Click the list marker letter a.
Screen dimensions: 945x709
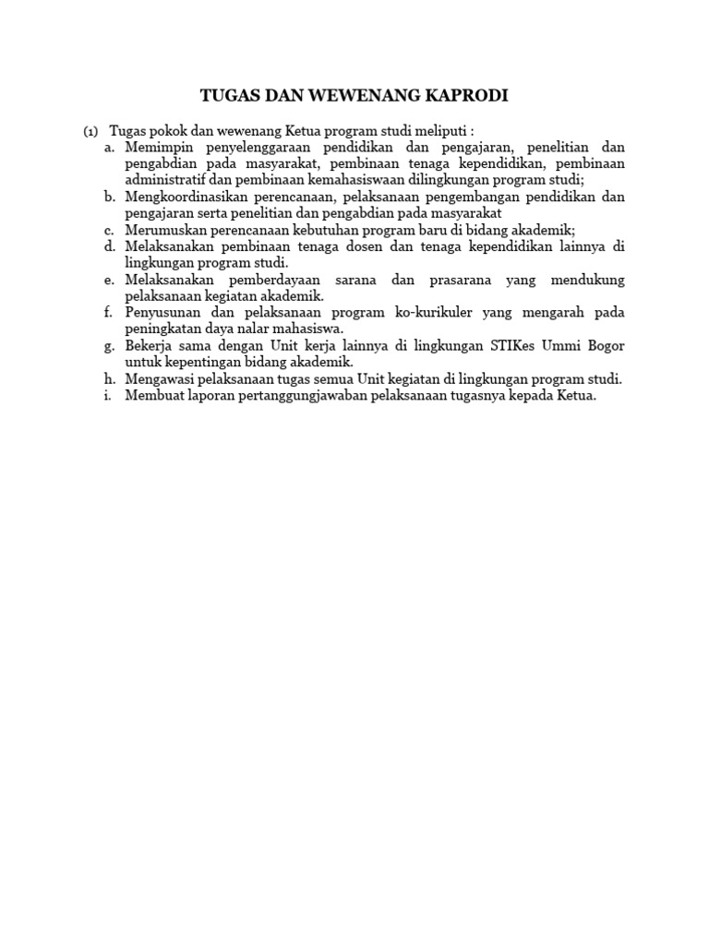click(x=109, y=148)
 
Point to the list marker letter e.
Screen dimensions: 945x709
click(x=109, y=280)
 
